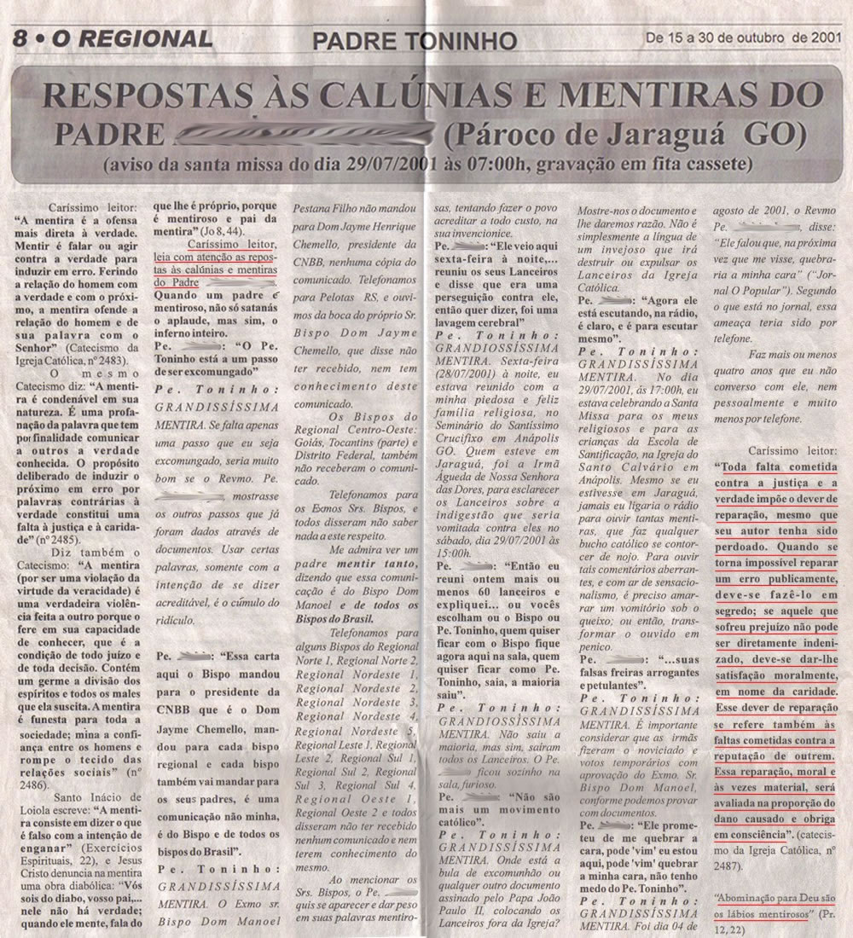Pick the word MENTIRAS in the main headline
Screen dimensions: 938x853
point(662,96)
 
